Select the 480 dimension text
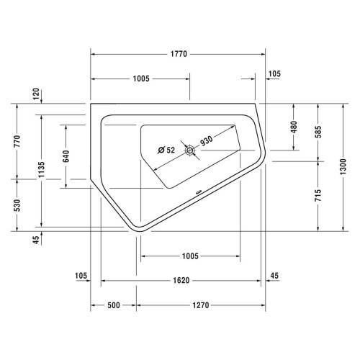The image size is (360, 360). coord(294,127)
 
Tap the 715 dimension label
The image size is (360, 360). coord(318,195)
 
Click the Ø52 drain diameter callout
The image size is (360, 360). coord(166,150)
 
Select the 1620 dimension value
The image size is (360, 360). coord(181,281)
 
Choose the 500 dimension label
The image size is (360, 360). coord(113,305)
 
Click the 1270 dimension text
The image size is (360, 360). coord(200,305)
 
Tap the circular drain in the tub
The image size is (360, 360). coord(191,150)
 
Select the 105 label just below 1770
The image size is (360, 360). coord(274,74)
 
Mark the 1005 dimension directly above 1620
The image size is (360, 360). coord(190,256)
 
